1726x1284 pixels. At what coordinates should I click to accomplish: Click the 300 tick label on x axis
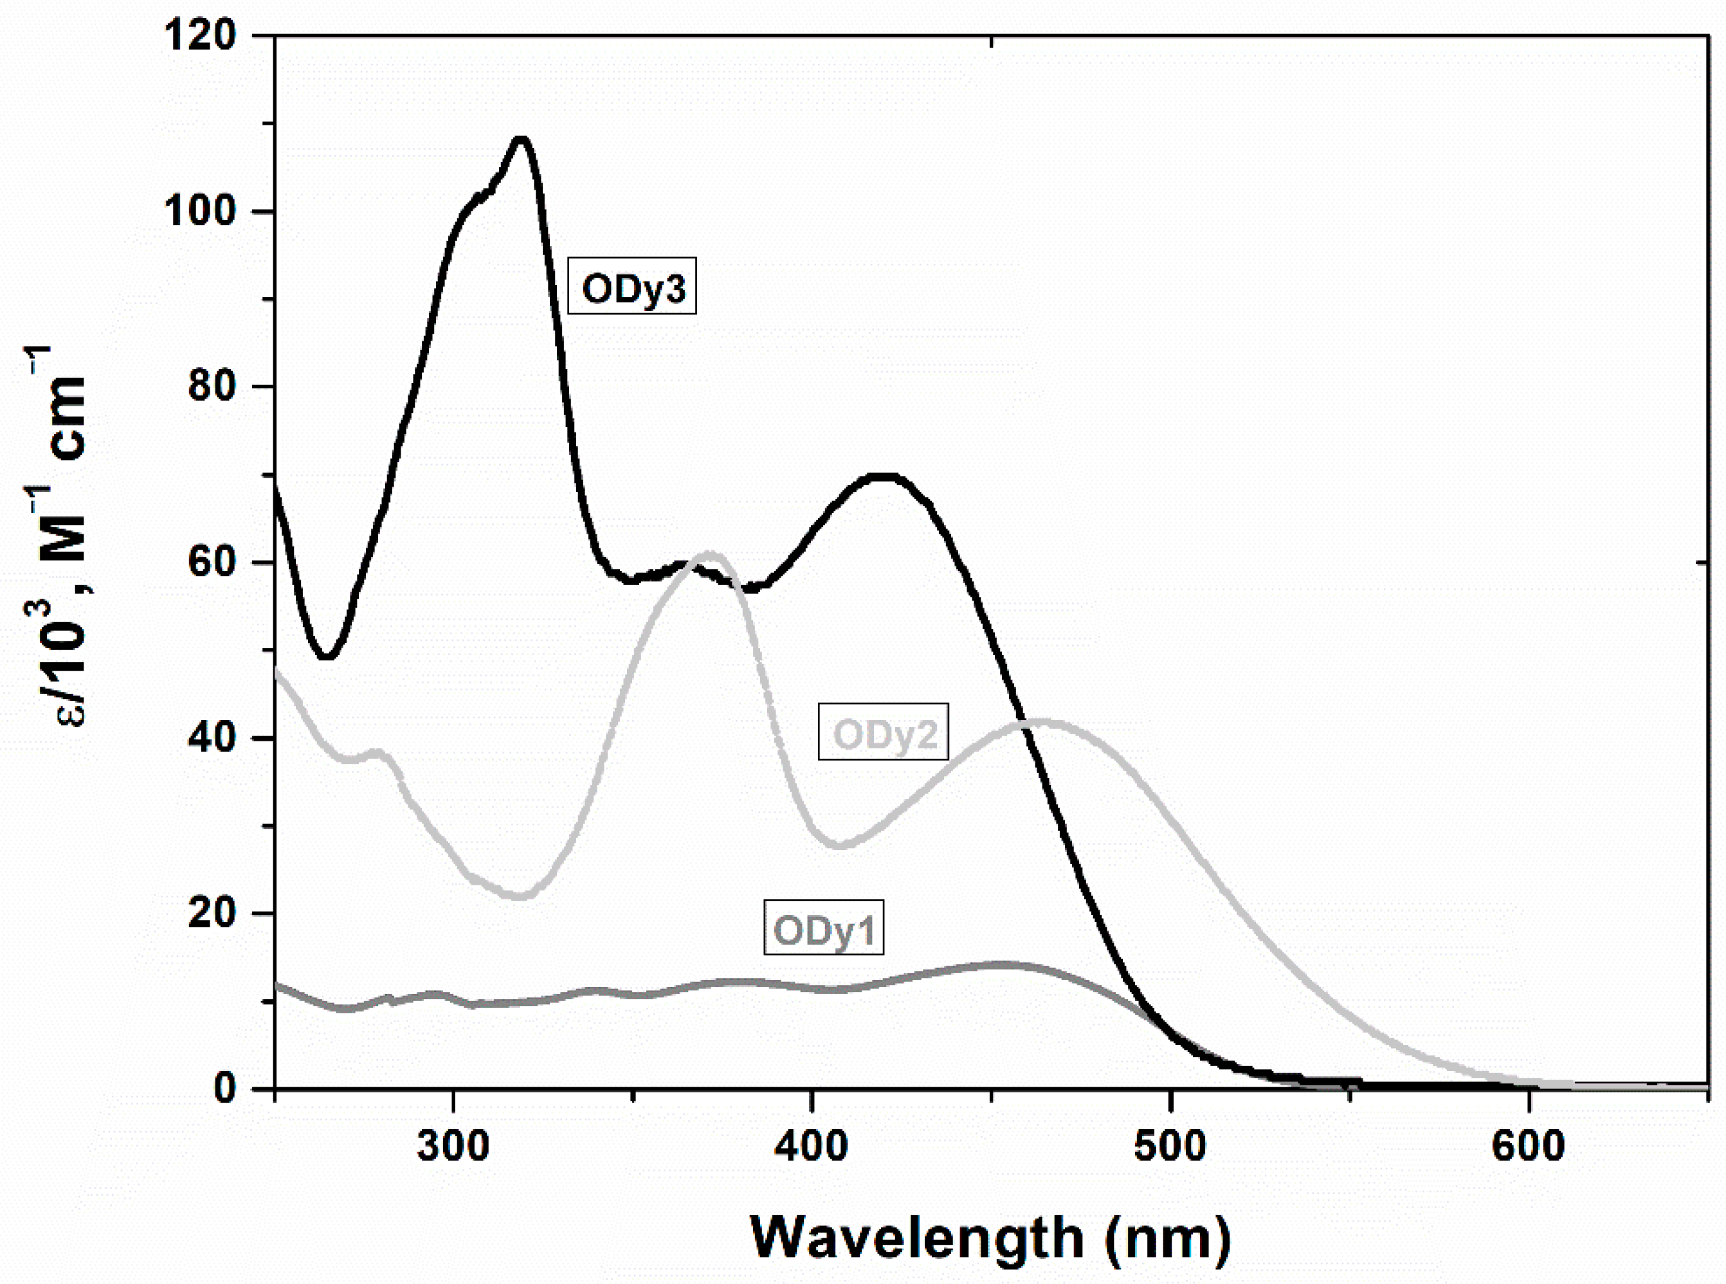(x=453, y=1147)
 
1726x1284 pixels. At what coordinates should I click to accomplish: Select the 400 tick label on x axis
(x=812, y=1147)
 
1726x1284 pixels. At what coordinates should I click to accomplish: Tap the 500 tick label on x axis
(x=1170, y=1147)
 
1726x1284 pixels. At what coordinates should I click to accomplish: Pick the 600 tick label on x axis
(x=1529, y=1147)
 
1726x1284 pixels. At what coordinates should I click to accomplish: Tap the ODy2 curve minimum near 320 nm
(x=522, y=896)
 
